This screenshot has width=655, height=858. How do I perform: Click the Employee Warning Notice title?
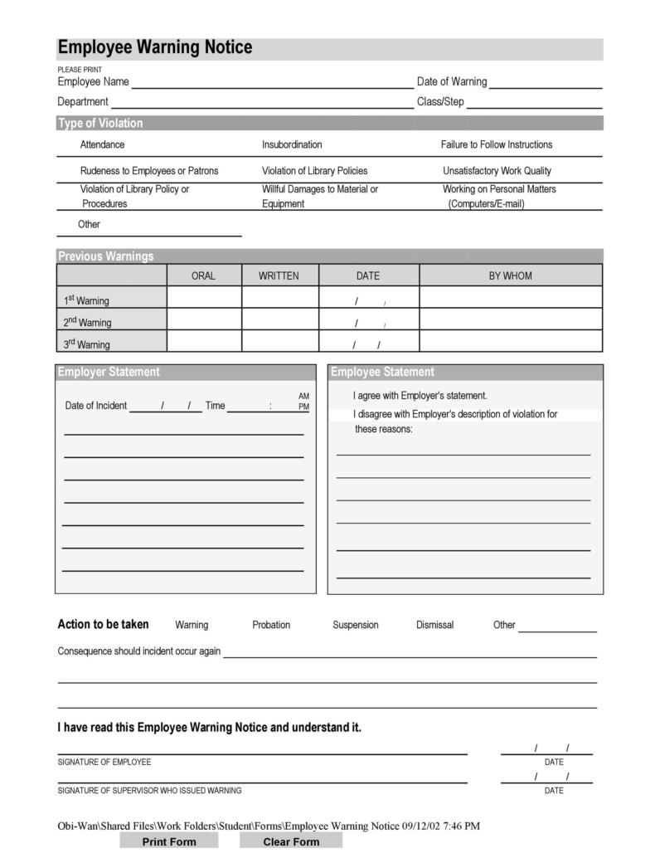point(155,48)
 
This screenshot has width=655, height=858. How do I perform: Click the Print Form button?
point(169,841)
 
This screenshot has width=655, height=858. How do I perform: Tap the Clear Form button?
point(291,841)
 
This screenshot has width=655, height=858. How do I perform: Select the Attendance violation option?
point(102,145)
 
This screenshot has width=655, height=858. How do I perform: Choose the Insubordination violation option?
point(292,145)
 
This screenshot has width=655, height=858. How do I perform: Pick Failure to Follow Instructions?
point(496,145)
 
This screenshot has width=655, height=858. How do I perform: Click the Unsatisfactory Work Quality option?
point(497,171)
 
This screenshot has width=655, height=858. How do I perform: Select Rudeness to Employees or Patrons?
point(149,171)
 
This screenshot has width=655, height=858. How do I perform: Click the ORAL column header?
point(203,276)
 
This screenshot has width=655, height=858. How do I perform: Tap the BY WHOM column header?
point(510,276)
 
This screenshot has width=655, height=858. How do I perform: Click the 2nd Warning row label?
point(87,323)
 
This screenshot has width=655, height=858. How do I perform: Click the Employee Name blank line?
point(272,82)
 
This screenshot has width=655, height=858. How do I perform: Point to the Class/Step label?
point(440,102)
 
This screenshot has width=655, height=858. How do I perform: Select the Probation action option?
point(271,625)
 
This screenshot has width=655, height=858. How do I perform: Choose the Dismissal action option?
point(434,625)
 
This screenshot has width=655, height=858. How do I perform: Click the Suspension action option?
point(355,625)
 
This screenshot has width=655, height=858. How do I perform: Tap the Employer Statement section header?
point(109,373)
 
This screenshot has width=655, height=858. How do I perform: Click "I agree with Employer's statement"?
point(420,396)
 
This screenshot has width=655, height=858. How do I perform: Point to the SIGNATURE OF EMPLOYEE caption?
point(104,762)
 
